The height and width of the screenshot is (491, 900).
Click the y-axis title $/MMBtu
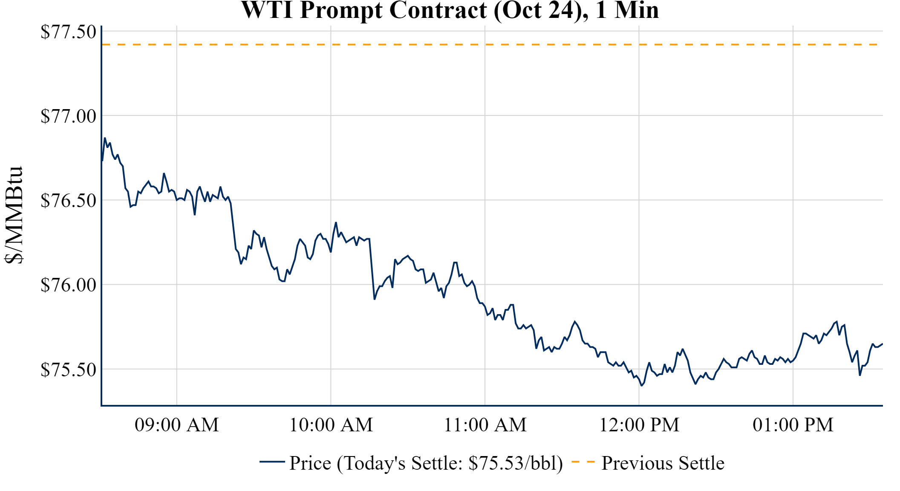point(14,215)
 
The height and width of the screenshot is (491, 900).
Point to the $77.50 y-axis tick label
point(68,32)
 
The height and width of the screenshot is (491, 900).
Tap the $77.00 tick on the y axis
point(68,116)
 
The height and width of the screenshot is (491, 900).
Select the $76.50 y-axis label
point(68,200)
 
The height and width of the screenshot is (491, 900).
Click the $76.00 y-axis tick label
point(68,285)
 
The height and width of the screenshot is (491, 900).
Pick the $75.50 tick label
point(68,370)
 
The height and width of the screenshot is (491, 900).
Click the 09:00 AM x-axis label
point(177,425)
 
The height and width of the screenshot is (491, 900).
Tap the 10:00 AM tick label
point(331,425)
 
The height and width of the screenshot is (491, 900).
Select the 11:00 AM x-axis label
point(485,425)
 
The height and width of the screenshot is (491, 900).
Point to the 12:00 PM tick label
point(639,425)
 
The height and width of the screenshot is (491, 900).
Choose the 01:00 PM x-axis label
point(793,425)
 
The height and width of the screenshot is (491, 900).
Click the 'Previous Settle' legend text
point(663,463)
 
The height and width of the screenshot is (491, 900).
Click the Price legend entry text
point(426,463)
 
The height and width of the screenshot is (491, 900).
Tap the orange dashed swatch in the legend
point(583,462)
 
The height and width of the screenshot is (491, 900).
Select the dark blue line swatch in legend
point(272,462)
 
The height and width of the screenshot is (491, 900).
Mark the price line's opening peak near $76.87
point(105,138)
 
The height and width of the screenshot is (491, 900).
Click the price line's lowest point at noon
point(642,385)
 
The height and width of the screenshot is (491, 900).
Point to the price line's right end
point(882,344)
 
